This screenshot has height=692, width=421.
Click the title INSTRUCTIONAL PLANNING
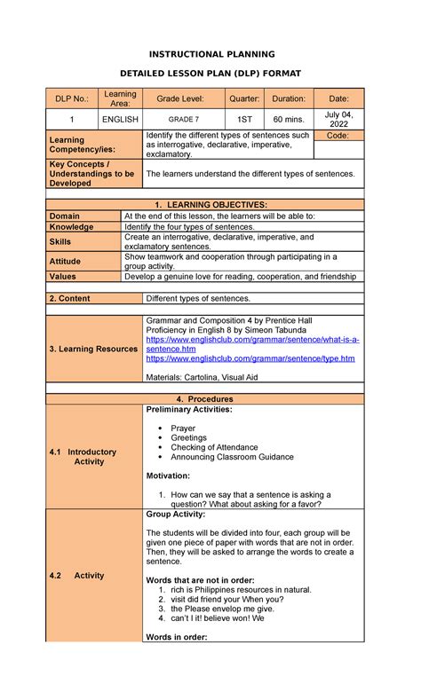(210, 54)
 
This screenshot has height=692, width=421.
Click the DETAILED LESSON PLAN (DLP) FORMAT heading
(210, 74)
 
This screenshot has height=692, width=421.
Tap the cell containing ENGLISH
(119, 119)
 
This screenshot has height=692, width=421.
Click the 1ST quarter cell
(243, 119)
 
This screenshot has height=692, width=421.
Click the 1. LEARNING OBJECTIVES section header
(210, 204)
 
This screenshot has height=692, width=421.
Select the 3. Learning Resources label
(93, 349)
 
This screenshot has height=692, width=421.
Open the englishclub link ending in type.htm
(250, 358)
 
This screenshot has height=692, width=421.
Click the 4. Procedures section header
(210, 399)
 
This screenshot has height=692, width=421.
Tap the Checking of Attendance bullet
(214, 447)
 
